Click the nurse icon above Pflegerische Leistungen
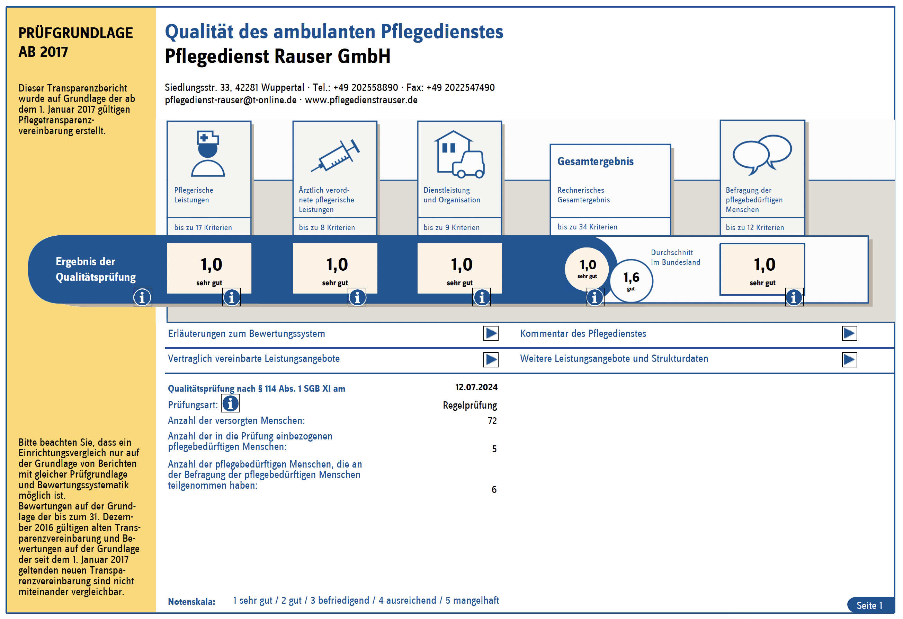click(208, 154)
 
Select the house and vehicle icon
click(459, 155)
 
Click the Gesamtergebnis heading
click(595, 162)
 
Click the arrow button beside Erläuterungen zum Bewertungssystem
click(491, 333)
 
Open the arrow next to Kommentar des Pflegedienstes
click(849, 333)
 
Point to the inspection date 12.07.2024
click(476, 387)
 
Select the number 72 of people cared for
click(492, 421)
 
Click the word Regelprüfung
click(470, 405)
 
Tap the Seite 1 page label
click(869, 605)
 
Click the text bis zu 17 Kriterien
click(203, 227)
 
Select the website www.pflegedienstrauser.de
click(361, 100)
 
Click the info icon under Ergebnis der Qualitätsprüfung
click(143, 297)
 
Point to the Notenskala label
click(191, 602)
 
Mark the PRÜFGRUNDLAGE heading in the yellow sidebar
click(75, 33)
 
